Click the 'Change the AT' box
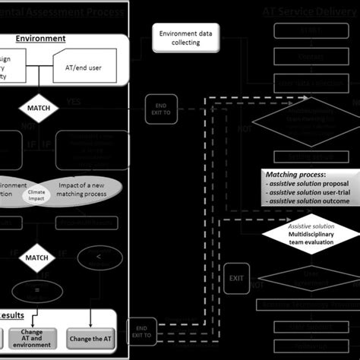point(91,339)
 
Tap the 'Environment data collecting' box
point(180,37)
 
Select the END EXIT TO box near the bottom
point(141,329)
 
